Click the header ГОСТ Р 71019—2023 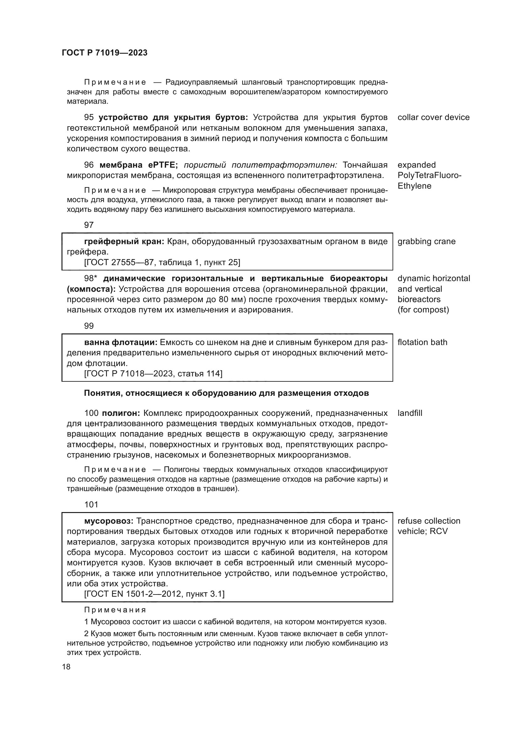pos(104,53)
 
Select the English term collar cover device pos(433,118)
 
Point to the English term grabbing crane pos(426,241)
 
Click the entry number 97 pos(88,225)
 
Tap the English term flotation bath pos(422,342)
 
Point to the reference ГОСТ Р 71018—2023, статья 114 pos(153,374)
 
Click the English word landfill pos(410,413)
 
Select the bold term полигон pos(121,413)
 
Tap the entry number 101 pos(91,505)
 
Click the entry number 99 pos(88,326)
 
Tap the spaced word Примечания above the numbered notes pos(115,610)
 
